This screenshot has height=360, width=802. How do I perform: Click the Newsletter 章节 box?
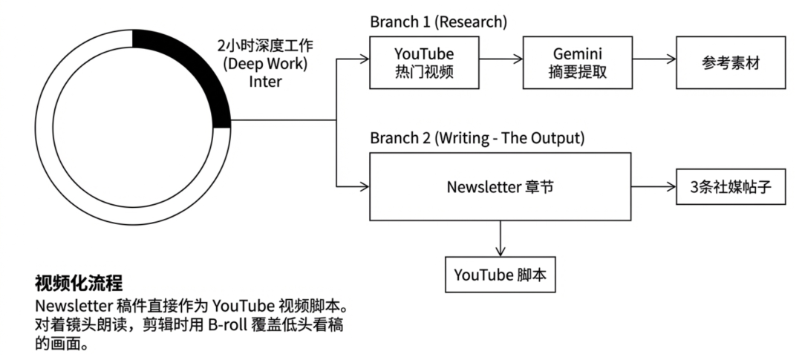coord(501,187)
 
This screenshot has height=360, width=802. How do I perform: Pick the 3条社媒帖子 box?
coord(731,187)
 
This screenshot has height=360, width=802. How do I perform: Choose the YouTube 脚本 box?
coord(500,275)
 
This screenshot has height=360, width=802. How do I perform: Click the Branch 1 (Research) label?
coord(438,22)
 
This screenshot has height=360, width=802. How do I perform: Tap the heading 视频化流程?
coord(79,283)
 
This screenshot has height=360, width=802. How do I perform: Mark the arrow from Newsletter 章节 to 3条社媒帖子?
coord(653,187)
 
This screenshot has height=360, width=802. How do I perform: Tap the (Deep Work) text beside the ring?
coord(266,65)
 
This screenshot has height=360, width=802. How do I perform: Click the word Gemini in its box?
coord(576,54)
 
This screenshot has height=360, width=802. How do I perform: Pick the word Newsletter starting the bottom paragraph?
coord(71,306)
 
